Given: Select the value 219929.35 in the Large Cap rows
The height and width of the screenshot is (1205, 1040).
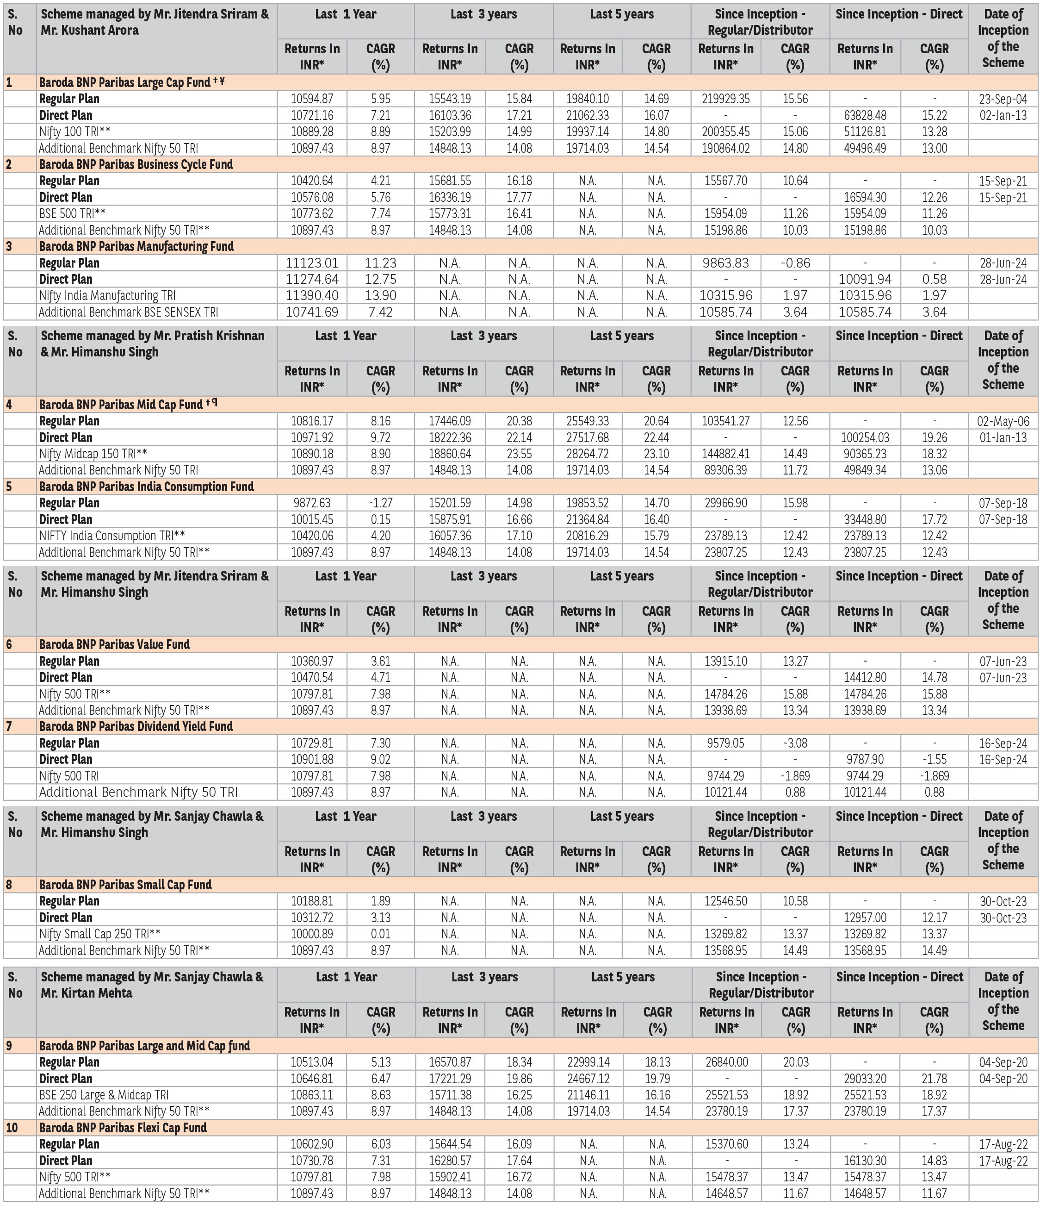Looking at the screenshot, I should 725,99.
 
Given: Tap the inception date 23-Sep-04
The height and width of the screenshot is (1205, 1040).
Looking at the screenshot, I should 1003,99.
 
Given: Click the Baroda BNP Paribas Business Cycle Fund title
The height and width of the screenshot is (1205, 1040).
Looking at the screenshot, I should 136,165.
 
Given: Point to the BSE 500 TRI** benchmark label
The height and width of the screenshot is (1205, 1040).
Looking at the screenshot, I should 72,213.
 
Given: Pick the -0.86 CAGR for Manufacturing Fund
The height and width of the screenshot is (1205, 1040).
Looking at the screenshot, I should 795,263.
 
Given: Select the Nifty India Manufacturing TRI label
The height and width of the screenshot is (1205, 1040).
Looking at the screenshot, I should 107,295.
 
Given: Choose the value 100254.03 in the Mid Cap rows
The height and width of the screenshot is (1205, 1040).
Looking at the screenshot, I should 865,437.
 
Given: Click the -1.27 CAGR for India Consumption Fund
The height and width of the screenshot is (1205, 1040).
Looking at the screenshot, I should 380,503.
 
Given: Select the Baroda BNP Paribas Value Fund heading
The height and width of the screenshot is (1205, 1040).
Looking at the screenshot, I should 115,644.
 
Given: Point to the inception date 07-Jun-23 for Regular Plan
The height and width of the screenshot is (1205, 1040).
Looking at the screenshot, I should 1003,661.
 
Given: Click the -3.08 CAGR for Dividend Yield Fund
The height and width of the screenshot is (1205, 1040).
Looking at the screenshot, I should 795,743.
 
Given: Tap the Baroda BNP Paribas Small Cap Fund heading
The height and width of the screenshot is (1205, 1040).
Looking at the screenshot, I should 125,885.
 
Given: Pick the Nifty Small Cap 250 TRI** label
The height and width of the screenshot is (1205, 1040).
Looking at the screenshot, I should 99,934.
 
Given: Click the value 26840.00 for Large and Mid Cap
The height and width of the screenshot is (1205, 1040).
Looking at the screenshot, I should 727,1062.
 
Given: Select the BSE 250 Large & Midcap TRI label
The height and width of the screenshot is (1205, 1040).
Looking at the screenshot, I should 104,1094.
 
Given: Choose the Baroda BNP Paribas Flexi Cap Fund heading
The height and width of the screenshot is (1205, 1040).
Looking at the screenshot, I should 123,1128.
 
